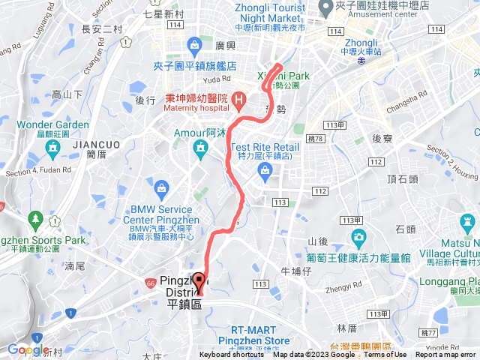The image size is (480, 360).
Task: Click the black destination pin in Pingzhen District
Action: click(x=199, y=282)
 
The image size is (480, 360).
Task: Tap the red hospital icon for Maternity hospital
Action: click(x=239, y=98)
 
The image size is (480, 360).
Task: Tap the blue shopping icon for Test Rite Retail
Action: click(x=264, y=172)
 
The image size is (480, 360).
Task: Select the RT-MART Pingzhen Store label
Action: click(x=259, y=334)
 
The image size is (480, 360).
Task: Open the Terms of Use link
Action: click(x=385, y=355)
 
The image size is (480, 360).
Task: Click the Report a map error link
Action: click(x=445, y=355)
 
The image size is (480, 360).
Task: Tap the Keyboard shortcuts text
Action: click(x=232, y=355)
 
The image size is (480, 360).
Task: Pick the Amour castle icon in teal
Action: click(x=200, y=150)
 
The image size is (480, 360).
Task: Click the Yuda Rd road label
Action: click(x=217, y=78)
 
